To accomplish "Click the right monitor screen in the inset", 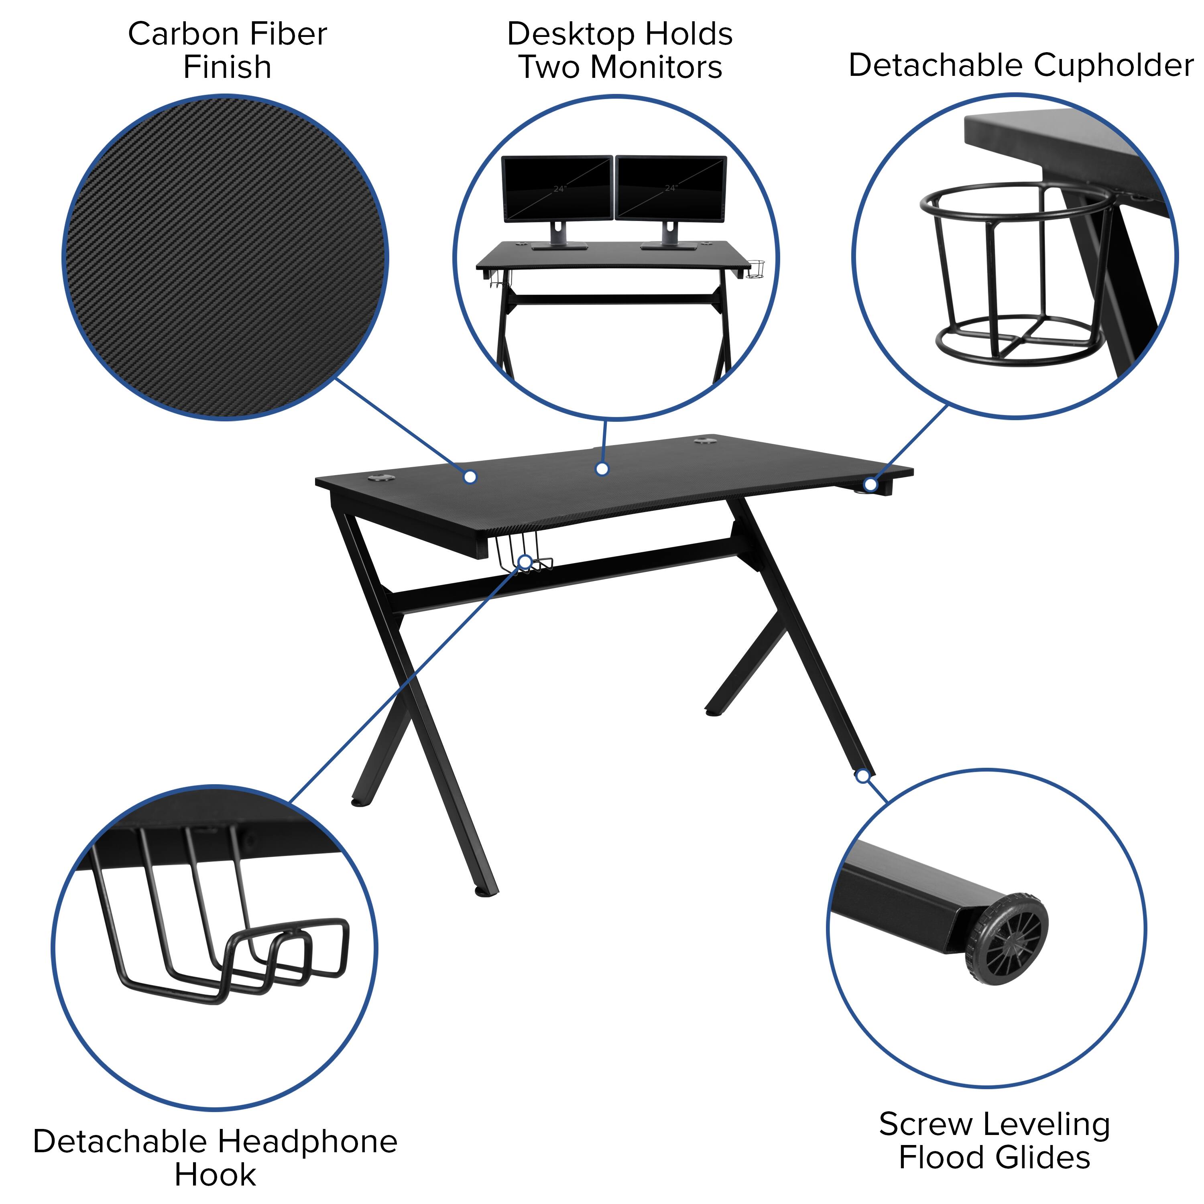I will pos(671,187).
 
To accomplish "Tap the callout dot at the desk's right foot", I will pos(862,776).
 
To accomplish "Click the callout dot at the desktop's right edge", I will pos(870,484).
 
